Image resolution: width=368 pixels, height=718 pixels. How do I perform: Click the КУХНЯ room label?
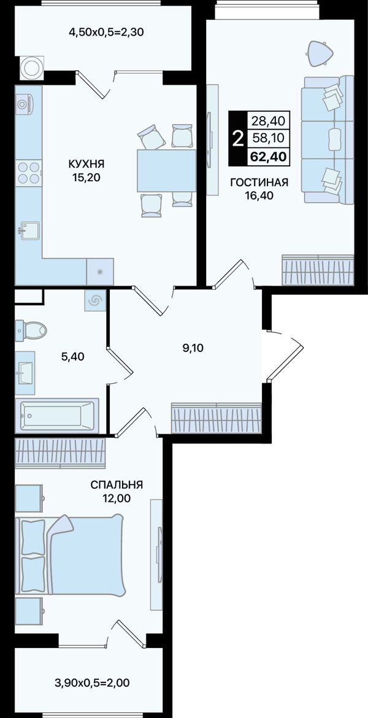pyautogui.click(x=86, y=163)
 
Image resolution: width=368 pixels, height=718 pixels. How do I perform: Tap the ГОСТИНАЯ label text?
pyautogui.click(x=259, y=182)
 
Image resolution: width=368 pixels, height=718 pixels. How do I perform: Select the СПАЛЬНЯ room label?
pyautogui.click(x=117, y=485)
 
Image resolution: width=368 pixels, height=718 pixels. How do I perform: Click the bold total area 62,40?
pyautogui.click(x=268, y=157)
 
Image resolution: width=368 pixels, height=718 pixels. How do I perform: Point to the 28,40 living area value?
pyautogui.click(x=268, y=121)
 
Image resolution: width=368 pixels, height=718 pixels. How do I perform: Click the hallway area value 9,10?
pyautogui.click(x=193, y=348)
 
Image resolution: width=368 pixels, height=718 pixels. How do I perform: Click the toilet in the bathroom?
pyautogui.click(x=31, y=330)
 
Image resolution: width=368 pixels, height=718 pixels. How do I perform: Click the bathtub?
pyautogui.click(x=56, y=415)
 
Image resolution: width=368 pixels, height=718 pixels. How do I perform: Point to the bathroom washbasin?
pyautogui.click(x=25, y=373)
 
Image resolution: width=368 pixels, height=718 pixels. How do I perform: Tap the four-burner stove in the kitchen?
pyautogui.click(x=28, y=173)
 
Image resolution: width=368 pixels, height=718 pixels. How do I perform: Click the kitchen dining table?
pyautogui.click(x=166, y=171)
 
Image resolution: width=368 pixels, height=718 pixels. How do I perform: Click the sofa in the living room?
pyautogui.click(x=328, y=139)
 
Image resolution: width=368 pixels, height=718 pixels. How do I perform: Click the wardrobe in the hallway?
pyautogui.click(x=217, y=418)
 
